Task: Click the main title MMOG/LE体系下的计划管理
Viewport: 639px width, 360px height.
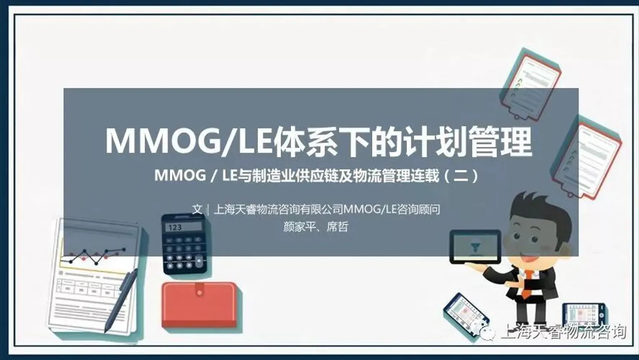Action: coord(319,142)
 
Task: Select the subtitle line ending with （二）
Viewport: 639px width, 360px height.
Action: coord(316,176)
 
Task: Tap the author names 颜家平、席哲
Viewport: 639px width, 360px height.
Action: coord(315,227)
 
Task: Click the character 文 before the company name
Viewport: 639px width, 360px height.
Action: coord(197,209)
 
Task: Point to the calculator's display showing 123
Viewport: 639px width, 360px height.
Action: coord(183,227)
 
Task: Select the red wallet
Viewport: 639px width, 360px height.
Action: coord(199,305)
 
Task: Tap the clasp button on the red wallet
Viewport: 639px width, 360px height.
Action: coord(200,293)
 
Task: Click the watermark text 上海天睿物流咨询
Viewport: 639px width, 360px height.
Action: coord(564,332)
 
